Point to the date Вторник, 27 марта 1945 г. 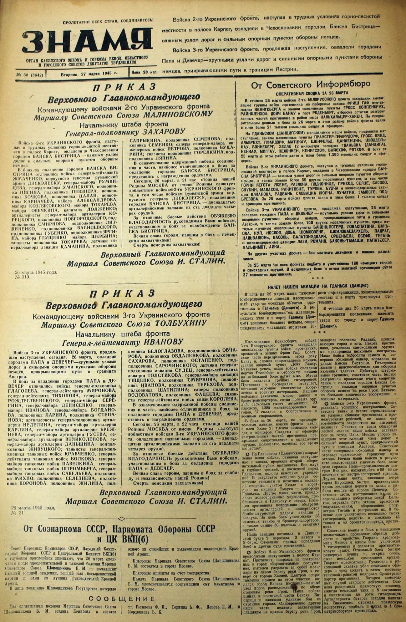89,74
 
